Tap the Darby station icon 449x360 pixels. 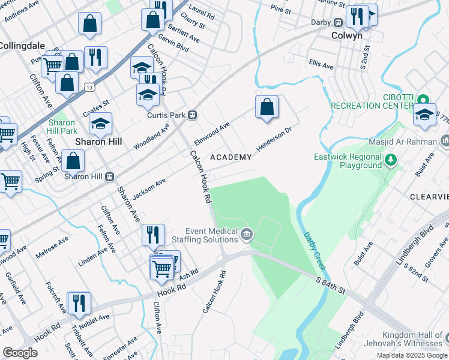[x=339, y=22]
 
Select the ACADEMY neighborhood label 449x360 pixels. [x=231, y=157]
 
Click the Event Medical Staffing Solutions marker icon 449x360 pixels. [x=246, y=233]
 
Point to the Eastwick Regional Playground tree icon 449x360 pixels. [x=391, y=159]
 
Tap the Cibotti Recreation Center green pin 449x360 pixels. [x=423, y=100]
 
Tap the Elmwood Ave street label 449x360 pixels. [x=212, y=134]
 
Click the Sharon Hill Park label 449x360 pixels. [x=62, y=127]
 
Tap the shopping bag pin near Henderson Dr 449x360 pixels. [x=267, y=109]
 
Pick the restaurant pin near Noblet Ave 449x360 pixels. [x=79, y=303]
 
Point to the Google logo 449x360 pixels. [x=20, y=352]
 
